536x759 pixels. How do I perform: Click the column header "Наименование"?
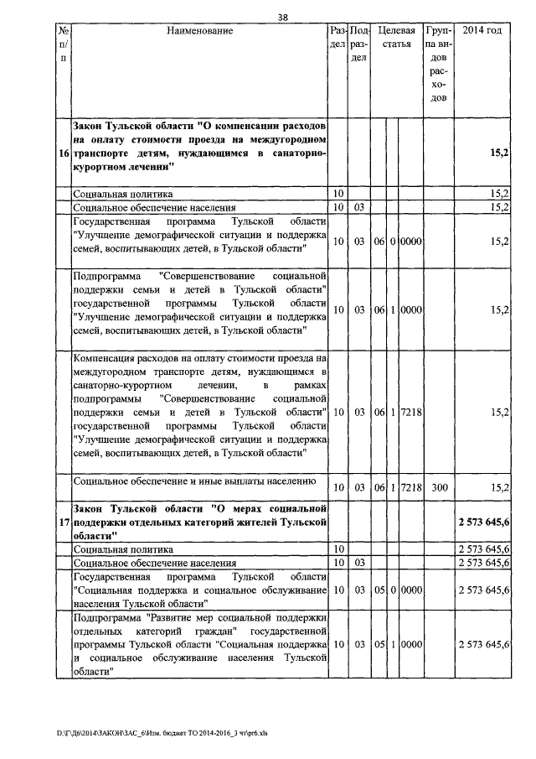198,31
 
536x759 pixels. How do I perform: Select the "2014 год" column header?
482,31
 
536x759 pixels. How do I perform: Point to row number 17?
64,522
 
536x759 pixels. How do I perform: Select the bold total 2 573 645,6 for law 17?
485,522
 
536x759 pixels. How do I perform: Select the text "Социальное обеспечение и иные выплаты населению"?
194,481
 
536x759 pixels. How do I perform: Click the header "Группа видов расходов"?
439,65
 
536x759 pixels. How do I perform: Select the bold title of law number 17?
198,522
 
